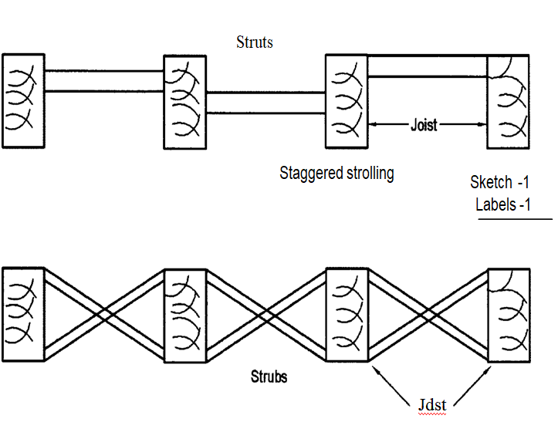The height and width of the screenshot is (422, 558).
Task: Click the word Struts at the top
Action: click(x=254, y=42)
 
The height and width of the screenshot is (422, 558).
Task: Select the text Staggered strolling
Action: click(x=336, y=173)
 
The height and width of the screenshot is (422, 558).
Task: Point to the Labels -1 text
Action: click(x=503, y=204)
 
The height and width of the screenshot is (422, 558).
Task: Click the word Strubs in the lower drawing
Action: click(x=269, y=377)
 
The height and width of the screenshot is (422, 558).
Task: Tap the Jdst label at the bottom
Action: click(x=431, y=403)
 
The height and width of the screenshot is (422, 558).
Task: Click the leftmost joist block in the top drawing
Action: click(x=23, y=100)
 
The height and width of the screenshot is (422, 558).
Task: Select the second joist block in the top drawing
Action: click(x=184, y=101)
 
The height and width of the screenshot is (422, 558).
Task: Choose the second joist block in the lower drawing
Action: click(x=184, y=314)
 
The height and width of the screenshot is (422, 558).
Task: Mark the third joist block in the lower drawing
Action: click(x=347, y=314)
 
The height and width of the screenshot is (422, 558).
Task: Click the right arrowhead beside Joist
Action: click(x=483, y=124)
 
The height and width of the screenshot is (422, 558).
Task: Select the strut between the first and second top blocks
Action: click(x=103, y=81)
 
